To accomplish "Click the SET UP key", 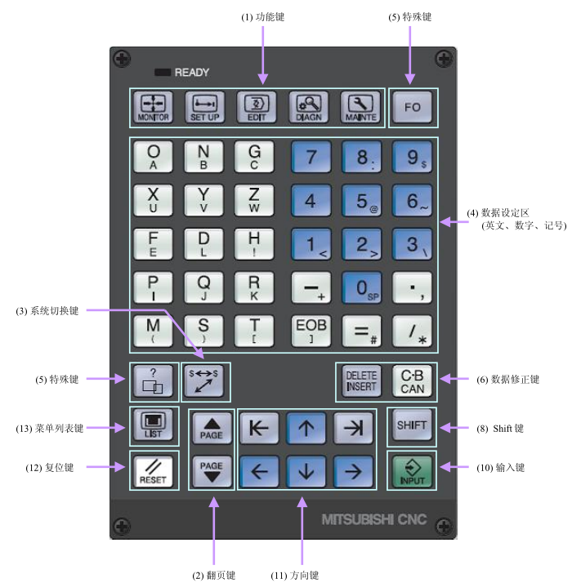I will pyautogui.click(x=205, y=107).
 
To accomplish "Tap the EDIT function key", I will pyautogui.click(x=257, y=107).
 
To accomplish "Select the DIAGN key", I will pyautogui.click(x=309, y=107).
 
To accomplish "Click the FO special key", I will pyautogui.click(x=412, y=107).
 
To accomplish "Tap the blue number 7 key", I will pyautogui.click(x=310, y=155).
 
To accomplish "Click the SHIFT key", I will pyautogui.click(x=412, y=426).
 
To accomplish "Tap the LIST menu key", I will pyautogui.click(x=153, y=426).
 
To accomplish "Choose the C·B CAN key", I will pyautogui.click(x=412, y=381).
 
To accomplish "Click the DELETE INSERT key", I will pyautogui.click(x=360, y=381).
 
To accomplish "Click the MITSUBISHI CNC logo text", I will pyautogui.click(x=374, y=518).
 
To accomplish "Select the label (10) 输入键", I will pyautogui.click(x=500, y=468).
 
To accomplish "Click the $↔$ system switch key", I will pyautogui.click(x=205, y=381).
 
